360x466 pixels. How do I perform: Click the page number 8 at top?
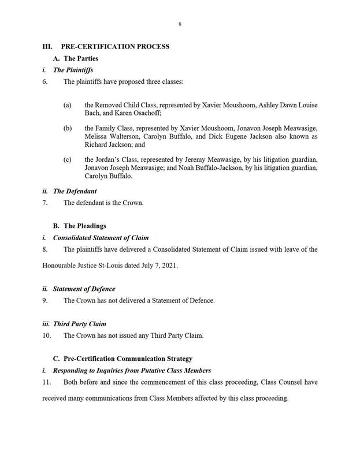pos(180,24)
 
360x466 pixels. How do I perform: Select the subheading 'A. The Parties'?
pos(76,58)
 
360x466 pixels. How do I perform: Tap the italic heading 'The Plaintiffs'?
pos(73,70)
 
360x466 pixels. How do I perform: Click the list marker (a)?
pos(68,106)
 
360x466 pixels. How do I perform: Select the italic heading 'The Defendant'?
pos(74,191)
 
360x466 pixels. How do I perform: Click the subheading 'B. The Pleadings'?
pos(80,226)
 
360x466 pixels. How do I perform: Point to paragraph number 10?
pos(46,335)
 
